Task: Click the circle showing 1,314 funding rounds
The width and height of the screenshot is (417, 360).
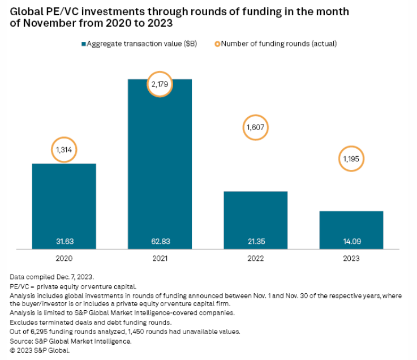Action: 64,150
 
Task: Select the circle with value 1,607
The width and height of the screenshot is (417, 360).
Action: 255,128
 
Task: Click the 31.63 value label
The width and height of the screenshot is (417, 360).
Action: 64,242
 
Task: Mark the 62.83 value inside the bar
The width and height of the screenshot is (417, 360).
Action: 160,242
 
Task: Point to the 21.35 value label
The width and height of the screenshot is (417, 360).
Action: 255,242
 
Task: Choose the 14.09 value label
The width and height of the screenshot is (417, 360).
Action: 351,242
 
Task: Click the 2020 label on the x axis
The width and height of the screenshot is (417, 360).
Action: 64,258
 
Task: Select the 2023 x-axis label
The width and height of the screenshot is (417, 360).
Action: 351,258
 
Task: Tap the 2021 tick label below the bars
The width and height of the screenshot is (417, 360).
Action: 160,258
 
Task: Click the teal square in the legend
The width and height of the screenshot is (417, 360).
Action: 84,44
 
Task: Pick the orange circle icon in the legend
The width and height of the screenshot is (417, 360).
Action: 217,44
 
